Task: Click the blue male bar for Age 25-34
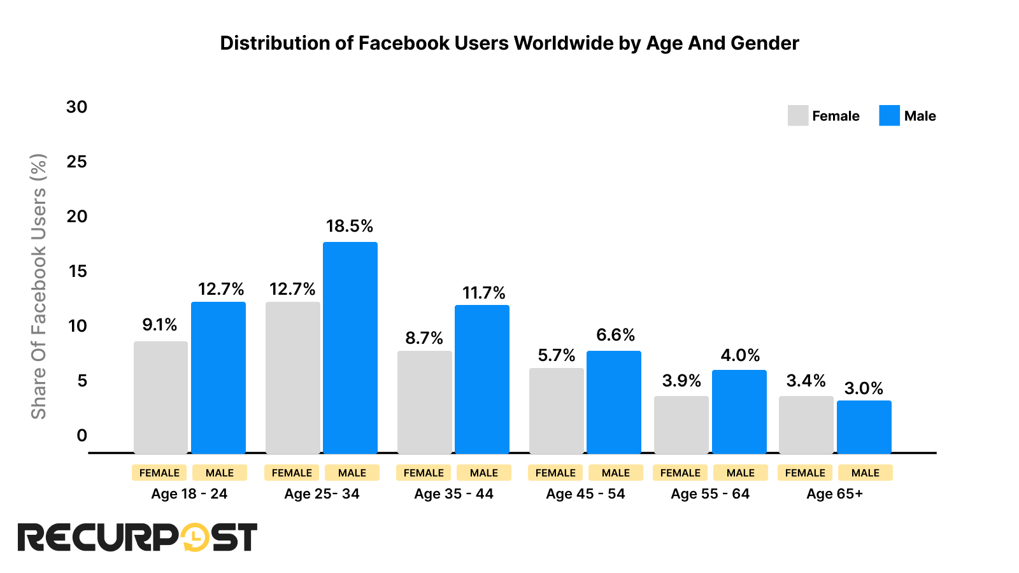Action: click(x=350, y=348)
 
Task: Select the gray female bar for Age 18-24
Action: click(x=160, y=397)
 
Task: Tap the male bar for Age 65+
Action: click(x=864, y=427)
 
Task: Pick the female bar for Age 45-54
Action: click(x=556, y=411)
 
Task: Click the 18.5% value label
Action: click(x=350, y=226)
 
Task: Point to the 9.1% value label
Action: click(x=160, y=325)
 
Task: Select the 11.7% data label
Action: click(x=483, y=293)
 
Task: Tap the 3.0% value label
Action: click(x=864, y=388)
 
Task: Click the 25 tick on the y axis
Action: click(x=76, y=162)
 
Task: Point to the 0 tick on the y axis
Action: click(x=82, y=435)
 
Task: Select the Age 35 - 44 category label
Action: click(x=453, y=494)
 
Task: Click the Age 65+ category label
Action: click(x=834, y=494)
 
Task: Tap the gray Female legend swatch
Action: click(x=797, y=116)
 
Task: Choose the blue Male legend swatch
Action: click(x=889, y=116)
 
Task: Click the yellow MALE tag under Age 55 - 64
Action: click(x=740, y=473)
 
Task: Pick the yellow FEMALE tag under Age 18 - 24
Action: click(x=159, y=473)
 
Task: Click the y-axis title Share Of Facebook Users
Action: click(x=39, y=286)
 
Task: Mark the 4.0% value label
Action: click(x=740, y=355)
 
